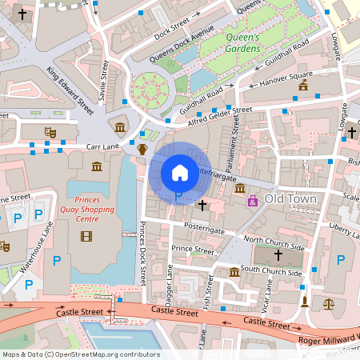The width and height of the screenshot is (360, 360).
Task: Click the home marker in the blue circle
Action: click(x=179, y=172)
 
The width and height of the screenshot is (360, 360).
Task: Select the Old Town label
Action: click(x=290, y=198)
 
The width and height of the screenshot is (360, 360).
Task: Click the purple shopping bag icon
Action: click(x=254, y=200)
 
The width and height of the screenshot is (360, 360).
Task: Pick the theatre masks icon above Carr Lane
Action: click(x=50, y=130)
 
